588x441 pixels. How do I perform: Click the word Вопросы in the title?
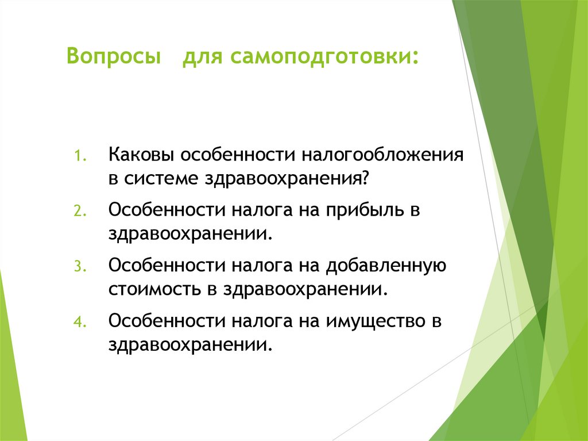(113, 57)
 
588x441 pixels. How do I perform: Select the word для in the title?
(204, 57)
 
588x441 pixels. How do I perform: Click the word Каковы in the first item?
(142, 156)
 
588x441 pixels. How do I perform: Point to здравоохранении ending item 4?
(188, 343)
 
